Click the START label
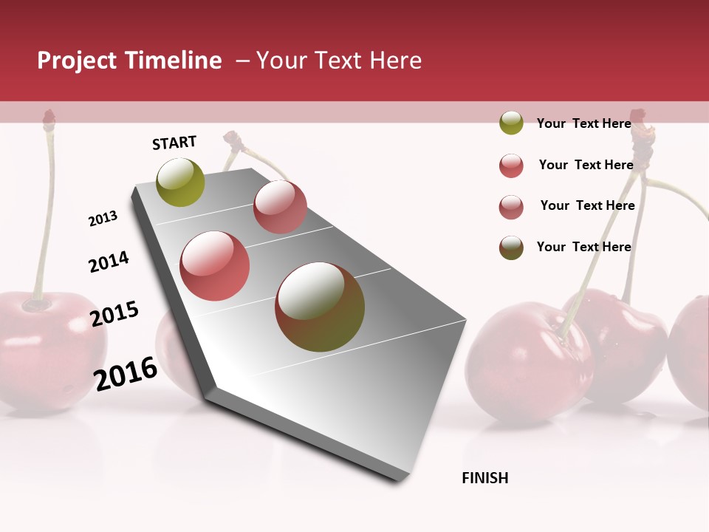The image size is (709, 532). point(174,143)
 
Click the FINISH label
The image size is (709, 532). point(485,478)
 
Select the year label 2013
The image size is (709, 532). point(103,219)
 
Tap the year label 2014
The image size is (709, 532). point(109,262)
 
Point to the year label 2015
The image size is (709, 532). point(114,314)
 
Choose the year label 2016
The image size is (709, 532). point(126,373)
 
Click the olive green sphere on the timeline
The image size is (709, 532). point(181,183)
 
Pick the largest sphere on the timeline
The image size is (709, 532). point(320,307)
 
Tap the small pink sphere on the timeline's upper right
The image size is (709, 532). point(280,207)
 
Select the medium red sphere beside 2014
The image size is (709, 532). point(215,266)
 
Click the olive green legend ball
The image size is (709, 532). point(511,123)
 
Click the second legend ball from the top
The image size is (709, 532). point(511,166)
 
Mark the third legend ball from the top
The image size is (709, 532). point(511,207)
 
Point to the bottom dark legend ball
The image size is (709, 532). point(511,248)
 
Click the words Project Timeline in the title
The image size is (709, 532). point(129,61)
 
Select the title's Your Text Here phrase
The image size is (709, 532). point(339,61)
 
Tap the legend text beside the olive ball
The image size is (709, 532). point(583,123)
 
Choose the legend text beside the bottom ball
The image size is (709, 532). point(583,247)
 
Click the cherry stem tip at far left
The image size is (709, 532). point(49,116)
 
